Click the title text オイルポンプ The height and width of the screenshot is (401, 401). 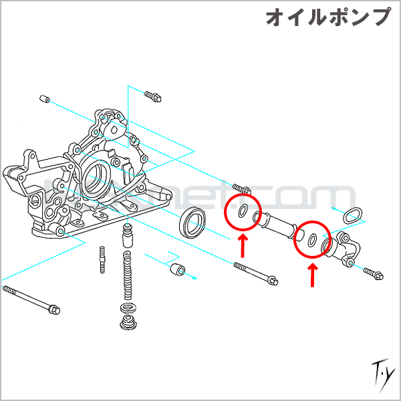pos(327,18)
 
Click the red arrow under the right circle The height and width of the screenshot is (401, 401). pos(312,274)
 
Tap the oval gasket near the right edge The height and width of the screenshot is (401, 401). pos(353,215)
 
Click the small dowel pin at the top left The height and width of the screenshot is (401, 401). pos(45,99)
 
